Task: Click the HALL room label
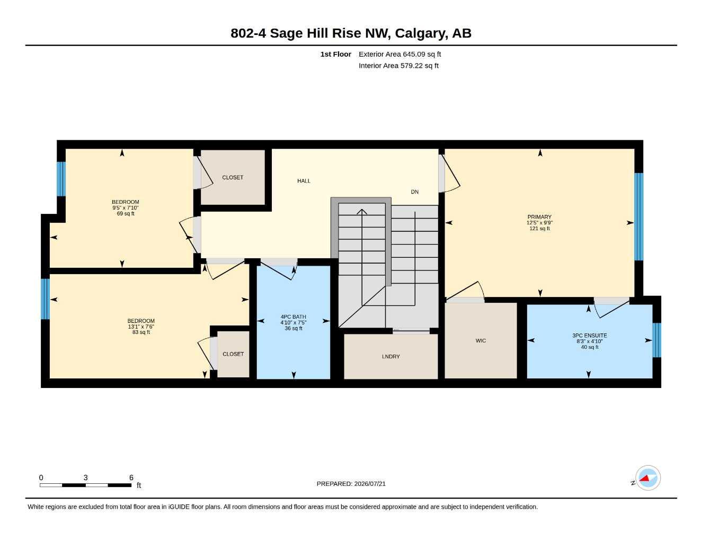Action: tap(304, 181)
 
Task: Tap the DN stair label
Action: tap(414, 192)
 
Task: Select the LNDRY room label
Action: tap(390, 357)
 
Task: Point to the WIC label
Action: tap(481, 341)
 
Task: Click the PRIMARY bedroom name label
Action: tap(539, 217)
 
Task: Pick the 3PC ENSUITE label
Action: tap(589, 336)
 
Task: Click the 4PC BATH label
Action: tap(294, 317)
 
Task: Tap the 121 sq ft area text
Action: tap(539, 229)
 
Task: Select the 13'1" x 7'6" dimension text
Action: tap(141, 327)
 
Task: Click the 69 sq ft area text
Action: tap(126, 214)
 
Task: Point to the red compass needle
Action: tap(644, 478)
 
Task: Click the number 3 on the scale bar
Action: tap(85, 477)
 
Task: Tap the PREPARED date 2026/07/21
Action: tap(370, 484)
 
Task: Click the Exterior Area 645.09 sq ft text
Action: tap(399, 54)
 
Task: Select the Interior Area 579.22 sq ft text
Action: tap(398, 66)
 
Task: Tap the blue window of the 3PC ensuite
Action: tap(656, 340)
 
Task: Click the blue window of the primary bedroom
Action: tap(638, 217)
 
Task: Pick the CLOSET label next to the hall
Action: tap(233, 177)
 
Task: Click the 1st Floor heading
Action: tap(336, 54)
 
